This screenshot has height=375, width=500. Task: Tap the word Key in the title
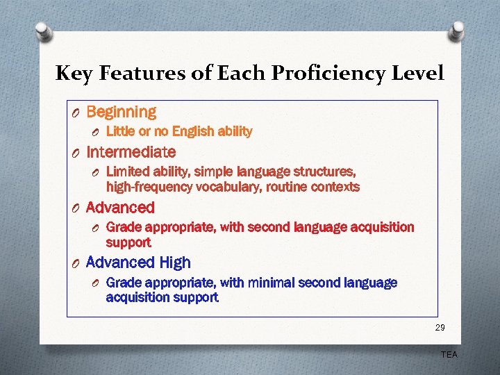pyautogui.click(x=72, y=74)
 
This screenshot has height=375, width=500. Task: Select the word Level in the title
pyautogui.click(x=418, y=73)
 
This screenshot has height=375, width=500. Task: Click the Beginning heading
pyautogui.click(x=122, y=112)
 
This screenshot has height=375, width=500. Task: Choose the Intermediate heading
pyautogui.click(x=131, y=151)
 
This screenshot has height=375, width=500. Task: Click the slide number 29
pyautogui.click(x=440, y=327)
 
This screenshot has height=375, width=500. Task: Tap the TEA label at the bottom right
pyautogui.click(x=449, y=355)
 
